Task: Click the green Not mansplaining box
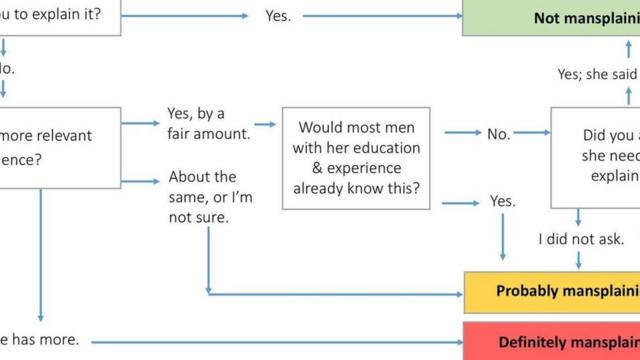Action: pos(550,17)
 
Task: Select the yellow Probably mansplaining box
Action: pos(551,291)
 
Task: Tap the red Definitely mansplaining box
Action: pos(551,341)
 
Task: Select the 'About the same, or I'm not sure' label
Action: pos(210,196)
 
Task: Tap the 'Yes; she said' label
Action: pos(598,73)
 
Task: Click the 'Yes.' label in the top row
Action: pos(278,16)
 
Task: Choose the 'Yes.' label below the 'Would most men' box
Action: pos(503,201)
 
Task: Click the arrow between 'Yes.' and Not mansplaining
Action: pos(380,16)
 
